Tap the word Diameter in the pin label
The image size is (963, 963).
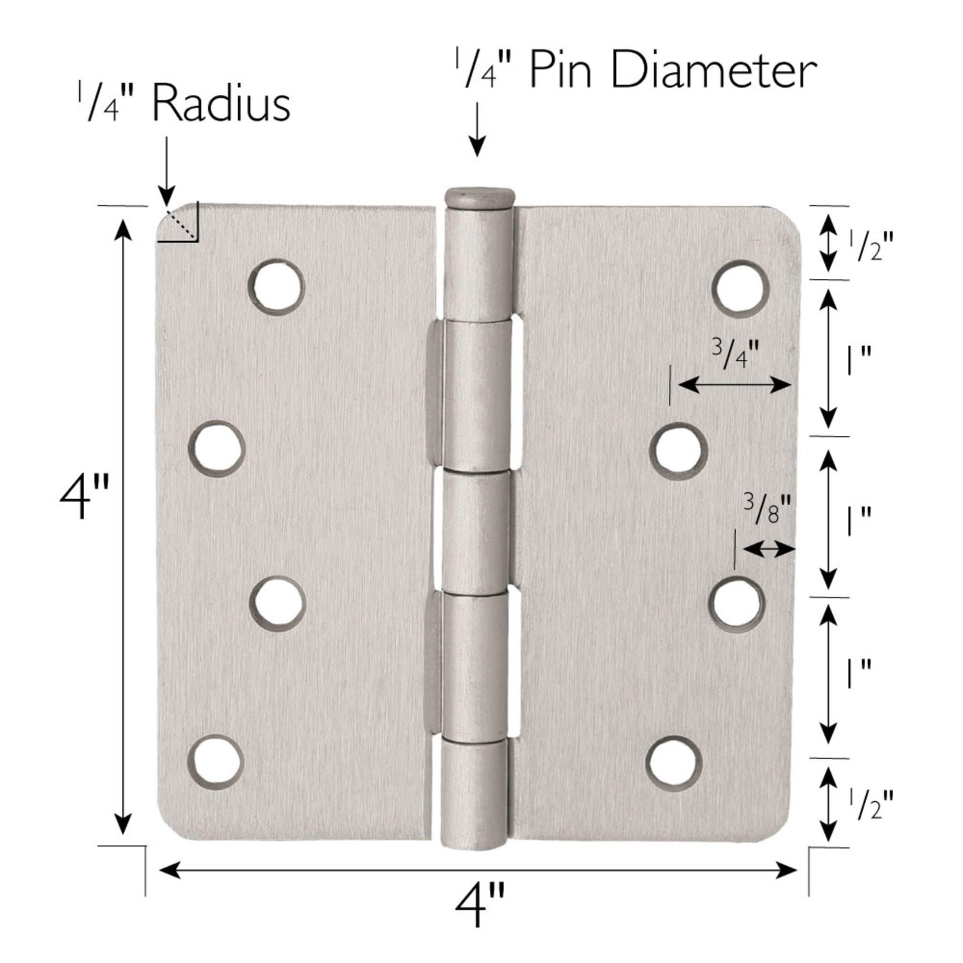click(x=713, y=71)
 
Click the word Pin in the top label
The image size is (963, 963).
click(x=560, y=71)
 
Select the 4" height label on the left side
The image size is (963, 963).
click(x=83, y=497)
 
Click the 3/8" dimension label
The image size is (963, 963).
click(x=767, y=509)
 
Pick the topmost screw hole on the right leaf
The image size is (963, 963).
click(x=740, y=287)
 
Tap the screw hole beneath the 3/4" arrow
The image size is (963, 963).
click(x=678, y=451)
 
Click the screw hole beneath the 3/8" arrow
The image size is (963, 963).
click(x=736, y=604)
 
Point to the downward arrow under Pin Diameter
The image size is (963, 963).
click(x=478, y=130)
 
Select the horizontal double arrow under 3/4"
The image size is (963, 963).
click(x=734, y=384)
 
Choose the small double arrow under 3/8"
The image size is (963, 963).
click(x=768, y=550)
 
